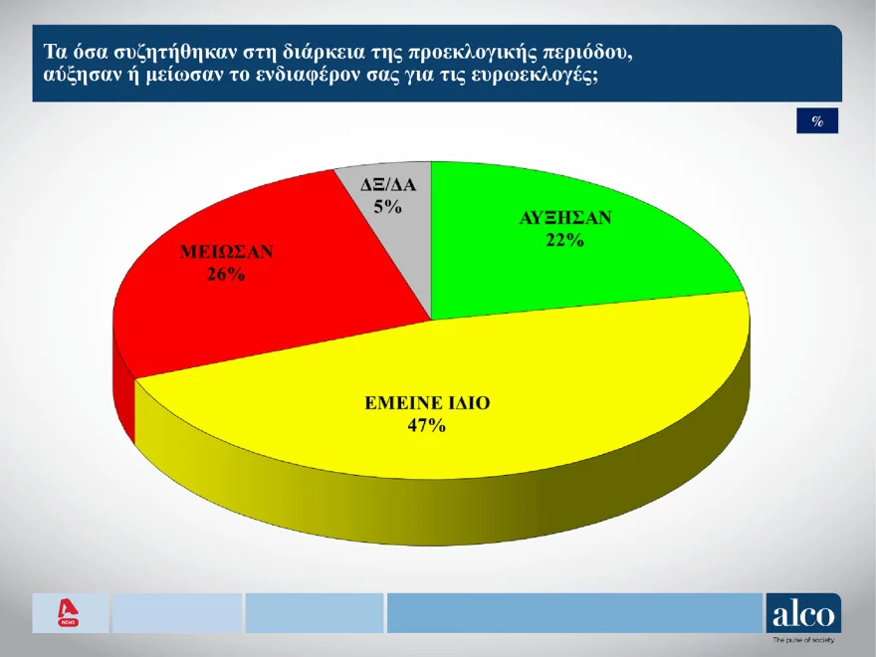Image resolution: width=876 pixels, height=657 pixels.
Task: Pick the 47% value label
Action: (x=427, y=426)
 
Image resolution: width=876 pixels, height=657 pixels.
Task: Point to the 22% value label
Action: (x=564, y=240)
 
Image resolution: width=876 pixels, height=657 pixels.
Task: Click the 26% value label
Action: (x=226, y=275)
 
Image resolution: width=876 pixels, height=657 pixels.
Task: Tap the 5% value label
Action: (x=387, y=207)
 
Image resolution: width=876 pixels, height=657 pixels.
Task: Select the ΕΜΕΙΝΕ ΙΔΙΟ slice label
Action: (x=427, y=403)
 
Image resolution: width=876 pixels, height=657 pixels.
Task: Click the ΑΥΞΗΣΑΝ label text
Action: (x=565, y=217)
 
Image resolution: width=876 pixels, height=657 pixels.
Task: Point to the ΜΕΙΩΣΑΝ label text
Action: (x=226, y=252)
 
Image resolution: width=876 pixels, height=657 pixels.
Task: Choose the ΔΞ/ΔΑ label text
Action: (x=388, y=184)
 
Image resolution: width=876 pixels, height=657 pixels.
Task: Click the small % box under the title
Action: (x=817, y=120)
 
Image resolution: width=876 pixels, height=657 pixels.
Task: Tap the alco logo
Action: (x=803, y=613)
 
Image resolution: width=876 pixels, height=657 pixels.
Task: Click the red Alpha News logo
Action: (x=68, y=613)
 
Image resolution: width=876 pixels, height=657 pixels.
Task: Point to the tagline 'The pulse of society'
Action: (x=803, y=640)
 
